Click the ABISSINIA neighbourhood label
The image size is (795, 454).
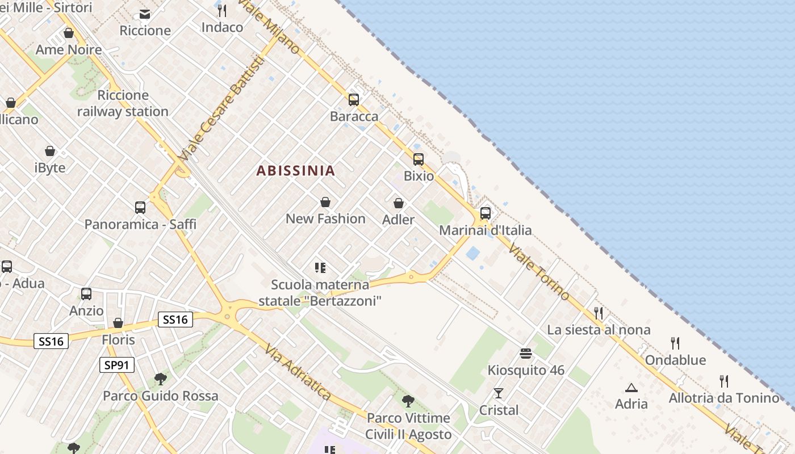point(295,170)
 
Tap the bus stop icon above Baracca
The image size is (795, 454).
point(354,100)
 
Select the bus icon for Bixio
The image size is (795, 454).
point(419,159)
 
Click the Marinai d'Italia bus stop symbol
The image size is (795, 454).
point(486,213)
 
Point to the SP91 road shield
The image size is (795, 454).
point(117,365)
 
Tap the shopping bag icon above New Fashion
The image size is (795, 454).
point(325,202)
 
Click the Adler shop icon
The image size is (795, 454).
point(399,203)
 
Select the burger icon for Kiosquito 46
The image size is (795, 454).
point(526,354)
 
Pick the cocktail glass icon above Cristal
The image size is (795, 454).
point(499,393)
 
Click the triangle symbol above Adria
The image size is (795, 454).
point(631,388)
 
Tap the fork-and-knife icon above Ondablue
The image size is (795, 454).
point(675,343)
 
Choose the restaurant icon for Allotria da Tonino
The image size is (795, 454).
point(724,381)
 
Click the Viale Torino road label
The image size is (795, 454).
point(538,271)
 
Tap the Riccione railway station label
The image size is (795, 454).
point(123,103)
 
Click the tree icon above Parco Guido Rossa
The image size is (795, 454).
point(161,379)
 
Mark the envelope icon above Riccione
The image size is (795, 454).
point(145,14)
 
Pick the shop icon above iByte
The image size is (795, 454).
point(50,151)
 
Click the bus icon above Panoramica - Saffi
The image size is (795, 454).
point(140,208)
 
